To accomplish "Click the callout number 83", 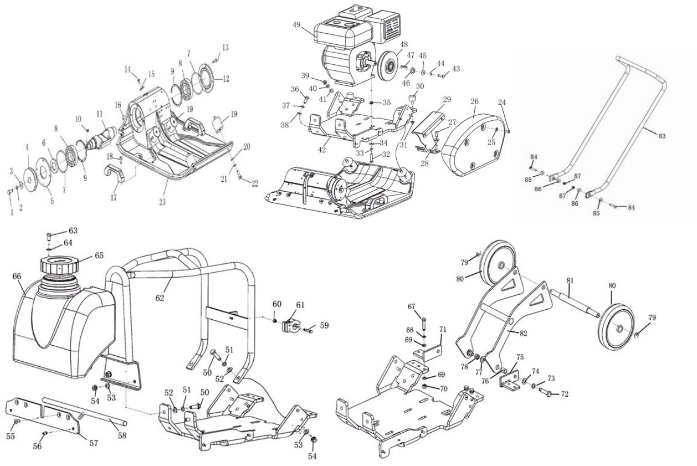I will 662,135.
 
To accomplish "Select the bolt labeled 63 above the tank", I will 48,237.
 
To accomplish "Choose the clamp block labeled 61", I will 289,324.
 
